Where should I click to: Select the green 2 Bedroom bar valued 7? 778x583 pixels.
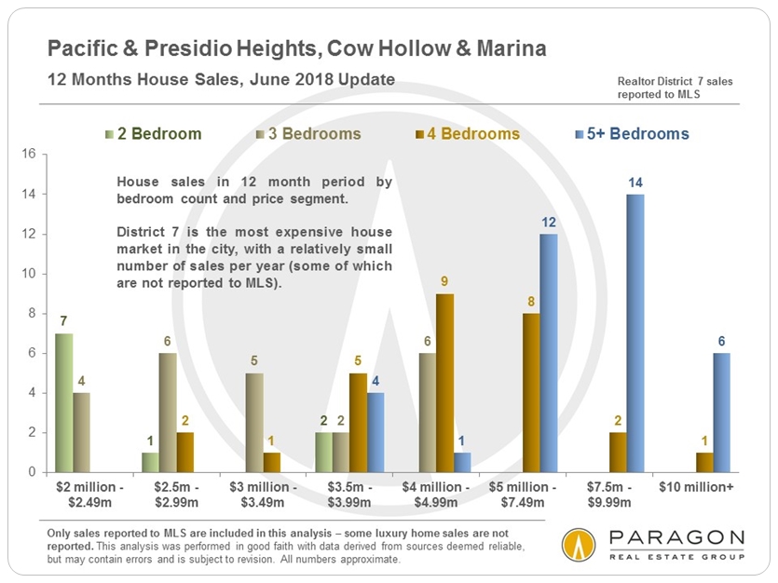click(64, 402)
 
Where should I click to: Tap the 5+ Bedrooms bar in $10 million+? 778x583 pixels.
click(721, 412)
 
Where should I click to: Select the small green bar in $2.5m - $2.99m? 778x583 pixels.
click(151, 462)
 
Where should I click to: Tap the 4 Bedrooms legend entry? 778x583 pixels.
click(474, 134)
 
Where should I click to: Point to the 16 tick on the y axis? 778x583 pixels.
click(28, 155)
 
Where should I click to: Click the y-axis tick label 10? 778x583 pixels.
click(28, 274)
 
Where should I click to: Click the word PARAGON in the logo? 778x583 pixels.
click(675, 538)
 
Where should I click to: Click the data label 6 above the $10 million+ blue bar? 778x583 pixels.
click(721, 342)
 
